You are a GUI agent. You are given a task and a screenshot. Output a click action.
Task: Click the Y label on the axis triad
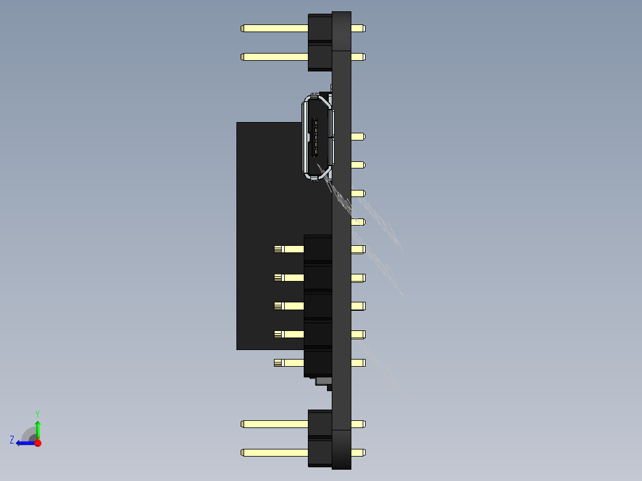(38, 413)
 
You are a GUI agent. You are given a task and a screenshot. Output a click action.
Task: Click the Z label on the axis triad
(12, 440)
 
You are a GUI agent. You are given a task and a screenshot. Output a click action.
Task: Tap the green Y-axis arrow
(38, 427)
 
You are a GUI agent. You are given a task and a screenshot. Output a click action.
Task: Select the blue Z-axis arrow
(24, 443)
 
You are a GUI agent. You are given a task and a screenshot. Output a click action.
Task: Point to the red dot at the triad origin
(38, 443)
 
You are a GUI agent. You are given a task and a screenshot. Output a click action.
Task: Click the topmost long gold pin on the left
(274, 28)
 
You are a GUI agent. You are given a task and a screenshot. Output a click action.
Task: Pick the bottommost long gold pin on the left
(274, 452)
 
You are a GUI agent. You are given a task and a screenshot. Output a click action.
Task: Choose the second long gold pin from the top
(274, 57)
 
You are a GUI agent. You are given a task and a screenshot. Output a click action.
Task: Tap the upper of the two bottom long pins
(274, 424)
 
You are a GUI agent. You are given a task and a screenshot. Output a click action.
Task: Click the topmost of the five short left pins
(289, 249)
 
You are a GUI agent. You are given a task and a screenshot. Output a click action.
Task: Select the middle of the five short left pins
(289, 305)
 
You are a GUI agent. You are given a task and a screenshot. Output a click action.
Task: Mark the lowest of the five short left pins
(289, 363)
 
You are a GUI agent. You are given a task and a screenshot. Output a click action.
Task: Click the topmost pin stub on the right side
(358, 28)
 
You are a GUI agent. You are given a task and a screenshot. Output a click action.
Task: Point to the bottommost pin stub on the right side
(358, 452)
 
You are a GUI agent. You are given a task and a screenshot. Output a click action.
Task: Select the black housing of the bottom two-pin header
(320, 438)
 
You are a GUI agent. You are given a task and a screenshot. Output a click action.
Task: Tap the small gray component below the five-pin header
(323, 380)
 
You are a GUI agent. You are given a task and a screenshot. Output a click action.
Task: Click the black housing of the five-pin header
(318, 305)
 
